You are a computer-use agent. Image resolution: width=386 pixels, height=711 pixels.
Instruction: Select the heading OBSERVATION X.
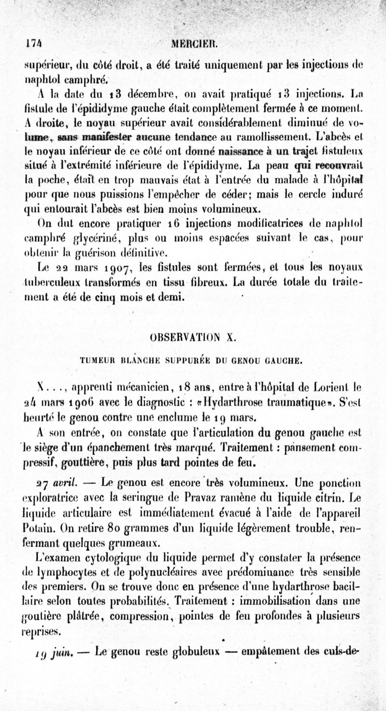click(193, 337)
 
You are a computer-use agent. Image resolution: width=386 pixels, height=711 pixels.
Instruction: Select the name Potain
click(37, 525)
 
